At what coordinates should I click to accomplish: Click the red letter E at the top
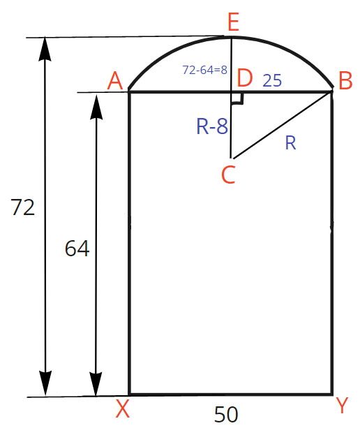(x=234, y=22)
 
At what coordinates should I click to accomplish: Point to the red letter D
(x=245, y=78)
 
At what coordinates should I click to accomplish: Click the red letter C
(x=228, y=175)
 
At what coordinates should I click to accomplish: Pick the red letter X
(x=123, y=408)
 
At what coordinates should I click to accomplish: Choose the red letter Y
(x=342, y=406)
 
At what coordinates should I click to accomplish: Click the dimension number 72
(x=23, y=207)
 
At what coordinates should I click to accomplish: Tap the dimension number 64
(x=77, y=248)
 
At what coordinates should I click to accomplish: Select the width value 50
(x=226, y=414)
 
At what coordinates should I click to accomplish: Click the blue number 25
(x=272, y=80)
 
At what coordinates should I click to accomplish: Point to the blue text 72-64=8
(x=204, y=70)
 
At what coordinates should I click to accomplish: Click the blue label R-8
(x=212, y=126)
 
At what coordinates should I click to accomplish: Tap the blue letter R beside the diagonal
(x=290, y=142)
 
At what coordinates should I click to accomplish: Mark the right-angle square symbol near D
(x=237, y=98)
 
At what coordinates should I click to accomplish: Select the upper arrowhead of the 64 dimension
(x=96, y=107)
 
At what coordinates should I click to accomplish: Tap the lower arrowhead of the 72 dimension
(x=45, y=383)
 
